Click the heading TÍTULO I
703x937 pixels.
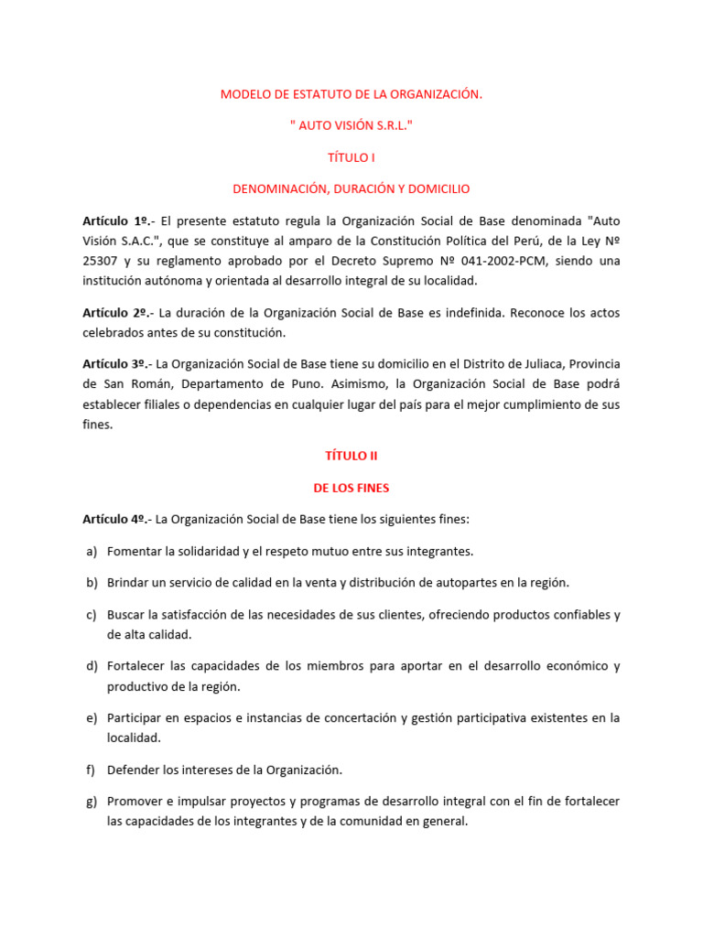pyautogui.click(x=351, y=157)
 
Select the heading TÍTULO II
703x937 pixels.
pyautogui.click(x=351, y=456)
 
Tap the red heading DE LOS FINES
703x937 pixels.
pyautogui.click(x=351, y=488)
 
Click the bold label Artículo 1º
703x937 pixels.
pyautogui.click(x=115, y=221)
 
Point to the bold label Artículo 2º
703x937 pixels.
pyautogui.click(x=115, y=313)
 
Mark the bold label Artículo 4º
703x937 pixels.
pyautogui.click(x=115, y=519)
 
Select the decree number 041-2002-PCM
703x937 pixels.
pyautogui.click(x=488, y=261)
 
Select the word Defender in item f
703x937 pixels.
pyautogui.click(x=134, y=770)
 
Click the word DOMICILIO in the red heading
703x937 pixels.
pyautogui.click(x=437, y=188)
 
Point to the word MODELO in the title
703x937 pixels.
pyautogui.click(x=243, y=94)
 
